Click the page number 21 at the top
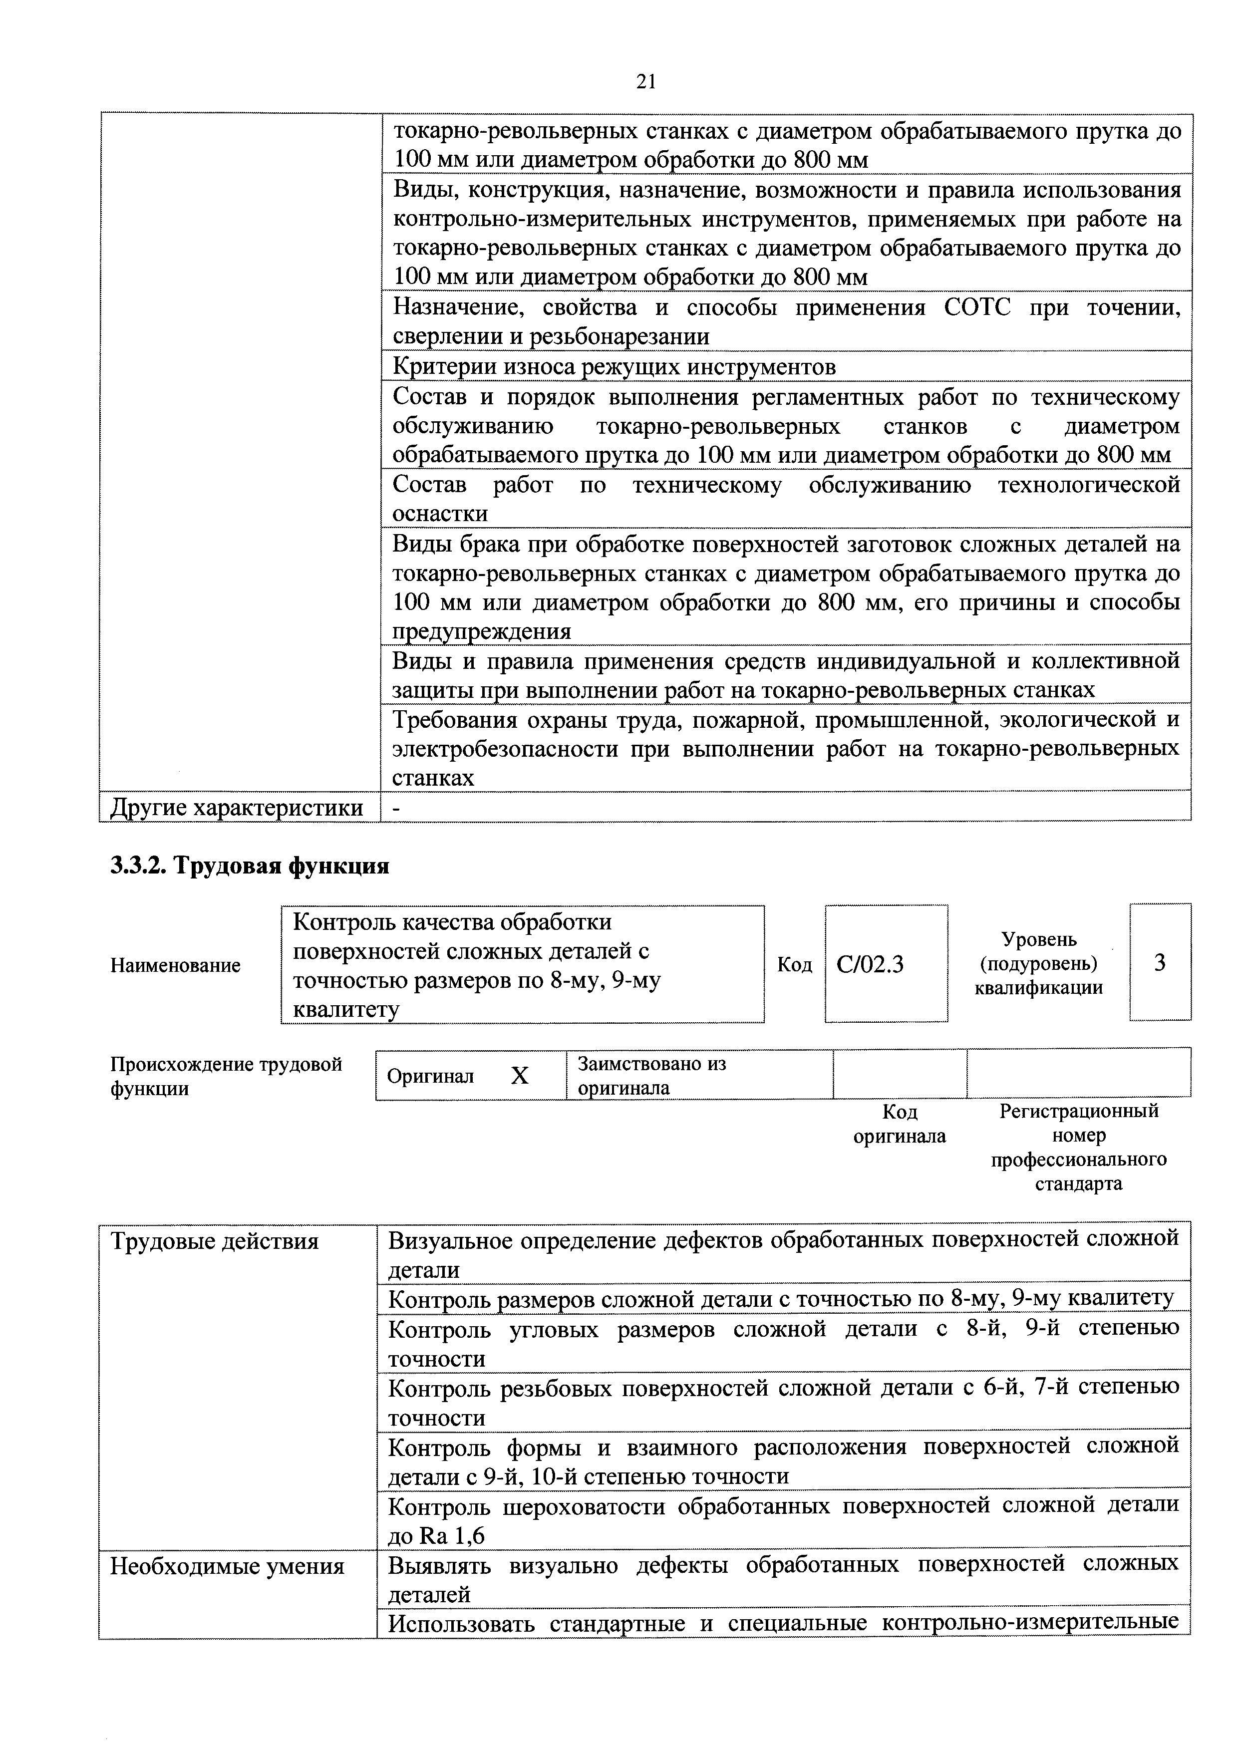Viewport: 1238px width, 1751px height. pyautogui.click(x=645, y=81)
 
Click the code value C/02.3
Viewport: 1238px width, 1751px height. pyautogui.click(x=870, y=965)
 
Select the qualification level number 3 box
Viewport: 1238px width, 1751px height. pyautogui.click(x=1160, y=963)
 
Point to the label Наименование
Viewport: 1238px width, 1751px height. pyautogui.click(x=175, y=965)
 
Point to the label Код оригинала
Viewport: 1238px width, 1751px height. pyautogui.click(x=900, y=1124)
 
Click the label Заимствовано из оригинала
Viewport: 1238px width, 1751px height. pyautogui.click(x=651, y=1075)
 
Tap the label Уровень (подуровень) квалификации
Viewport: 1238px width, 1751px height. pyautogui.click(x=1039, y=963)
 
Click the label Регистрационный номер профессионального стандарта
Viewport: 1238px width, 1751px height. pyautogui.click(x=1079, y=1147)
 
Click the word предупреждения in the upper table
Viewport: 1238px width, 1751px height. pyautogui.click(x=481, y=631)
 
